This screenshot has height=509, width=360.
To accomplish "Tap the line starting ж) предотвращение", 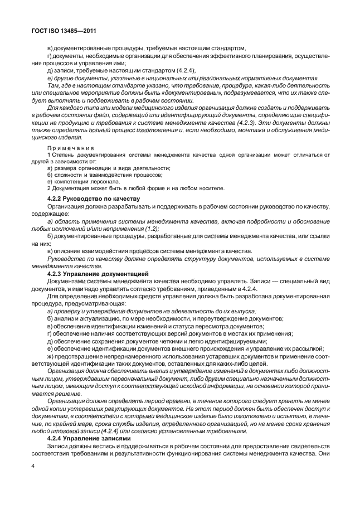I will tap(189, 356).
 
